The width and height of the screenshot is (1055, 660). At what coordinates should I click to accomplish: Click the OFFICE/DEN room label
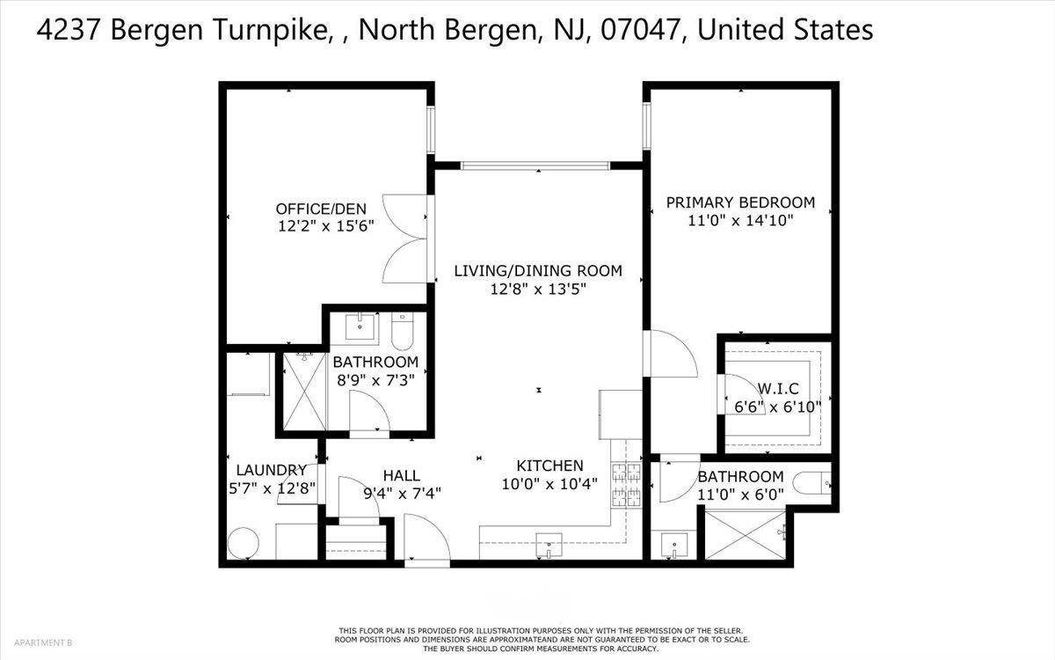coord(321,209)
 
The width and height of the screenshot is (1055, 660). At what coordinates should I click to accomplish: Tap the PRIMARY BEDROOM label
coord(740,202)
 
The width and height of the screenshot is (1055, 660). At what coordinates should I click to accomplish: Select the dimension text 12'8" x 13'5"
coord(538,289)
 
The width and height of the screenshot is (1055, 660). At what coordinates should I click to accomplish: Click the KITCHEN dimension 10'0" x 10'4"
coord(549,484)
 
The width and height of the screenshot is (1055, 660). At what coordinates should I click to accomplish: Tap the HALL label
coord(402,476)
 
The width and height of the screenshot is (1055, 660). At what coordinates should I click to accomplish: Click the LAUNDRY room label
coord(272,470)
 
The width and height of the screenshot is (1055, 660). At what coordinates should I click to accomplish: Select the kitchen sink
coord(549,546)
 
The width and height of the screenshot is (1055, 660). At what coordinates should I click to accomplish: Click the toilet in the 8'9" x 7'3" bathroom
coord(403,331)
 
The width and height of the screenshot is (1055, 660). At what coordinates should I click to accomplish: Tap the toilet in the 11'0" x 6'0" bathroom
coord(812,483)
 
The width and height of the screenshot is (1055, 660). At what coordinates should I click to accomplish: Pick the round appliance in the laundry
coord(243,544)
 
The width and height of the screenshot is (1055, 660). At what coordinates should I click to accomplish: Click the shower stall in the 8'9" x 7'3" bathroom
coord(305,392)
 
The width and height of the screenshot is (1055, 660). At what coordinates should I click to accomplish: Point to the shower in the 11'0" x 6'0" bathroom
coord(746,535)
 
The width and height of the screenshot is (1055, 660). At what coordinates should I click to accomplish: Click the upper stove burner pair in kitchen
coord(626,472)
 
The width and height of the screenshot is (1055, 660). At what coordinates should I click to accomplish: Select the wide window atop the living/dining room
coord(535,165)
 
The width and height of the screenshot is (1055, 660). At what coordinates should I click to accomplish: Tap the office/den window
coord(431,129)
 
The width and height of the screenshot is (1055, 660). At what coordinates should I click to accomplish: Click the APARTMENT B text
coord(43,642)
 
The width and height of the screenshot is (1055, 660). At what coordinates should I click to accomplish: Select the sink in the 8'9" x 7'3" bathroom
coord(360,326)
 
